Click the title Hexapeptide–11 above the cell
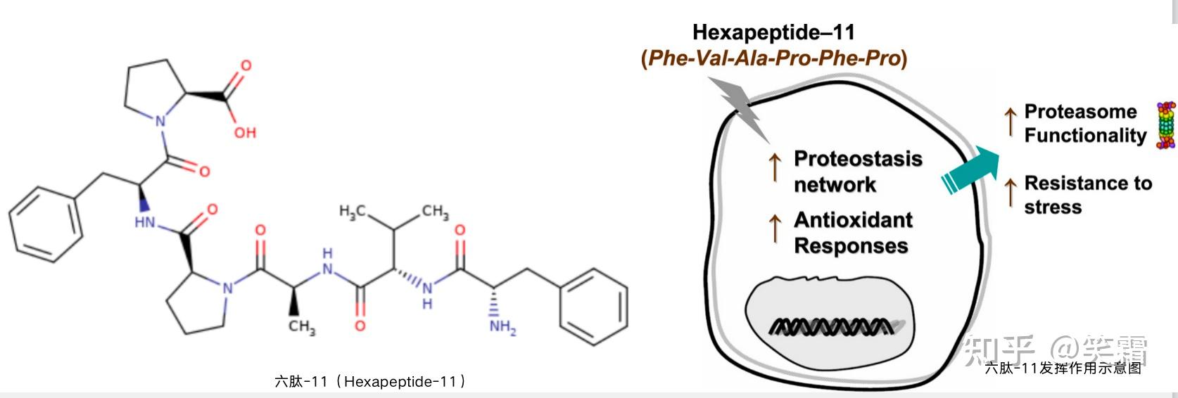[x=773, y=32]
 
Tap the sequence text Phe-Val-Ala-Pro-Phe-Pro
[x=774, y=58]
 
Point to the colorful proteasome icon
[x=1166, y=125]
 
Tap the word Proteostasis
[x=858, y=159]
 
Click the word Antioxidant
[x=853, y=220]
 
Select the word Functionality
[x=1085, y=135]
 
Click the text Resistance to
[x=1088, y=184]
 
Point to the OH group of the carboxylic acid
[x=245, y=132]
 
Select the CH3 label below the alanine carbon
[x=302, y=326]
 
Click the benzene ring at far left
[x=46, y=224]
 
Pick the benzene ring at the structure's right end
[x=593, y=304]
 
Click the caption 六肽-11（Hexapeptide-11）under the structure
[x=370, y=382]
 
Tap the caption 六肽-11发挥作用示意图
[x=1062, y=368]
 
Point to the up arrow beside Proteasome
[x=1011, y=122]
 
